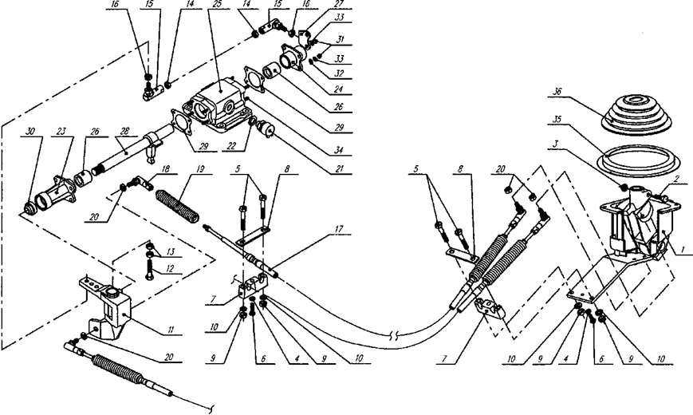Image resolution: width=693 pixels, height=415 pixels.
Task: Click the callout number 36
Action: pos(555,92)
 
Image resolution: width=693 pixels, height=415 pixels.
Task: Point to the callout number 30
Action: pos(30,132)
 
